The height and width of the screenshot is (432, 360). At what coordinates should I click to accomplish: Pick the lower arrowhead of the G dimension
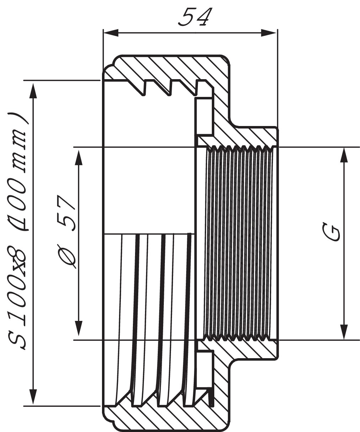[344, 332]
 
